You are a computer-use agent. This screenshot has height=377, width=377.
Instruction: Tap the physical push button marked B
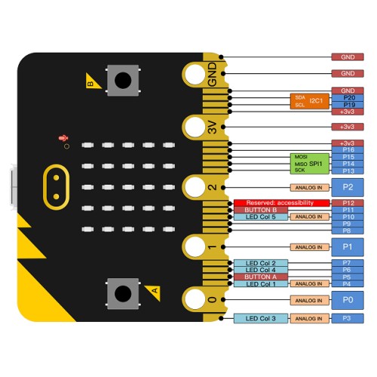(x=125, y=79)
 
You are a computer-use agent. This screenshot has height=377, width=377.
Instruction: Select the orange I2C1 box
(x=310, y=101)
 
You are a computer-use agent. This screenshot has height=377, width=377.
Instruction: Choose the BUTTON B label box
(x=260, y=210)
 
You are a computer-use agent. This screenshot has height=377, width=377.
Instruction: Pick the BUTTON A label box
(x=260, y=277)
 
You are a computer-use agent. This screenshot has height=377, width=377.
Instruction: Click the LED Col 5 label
(x=260, y=217)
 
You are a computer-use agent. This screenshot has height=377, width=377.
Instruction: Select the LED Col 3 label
(x=260, y=318)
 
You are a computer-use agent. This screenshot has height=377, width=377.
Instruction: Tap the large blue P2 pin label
(x=348, y=186)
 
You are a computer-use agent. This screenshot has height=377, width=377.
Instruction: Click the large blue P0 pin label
(x=348, y=299)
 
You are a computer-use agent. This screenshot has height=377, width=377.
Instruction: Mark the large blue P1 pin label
(x=348, y=247)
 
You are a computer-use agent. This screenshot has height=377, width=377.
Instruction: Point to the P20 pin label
(x=348, y=98)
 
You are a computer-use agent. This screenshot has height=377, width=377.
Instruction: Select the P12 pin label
(x=348, y=203)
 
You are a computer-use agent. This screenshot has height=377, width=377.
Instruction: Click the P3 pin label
(x=348, y=318)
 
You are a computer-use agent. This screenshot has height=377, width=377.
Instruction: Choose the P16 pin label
(x=348, y=150)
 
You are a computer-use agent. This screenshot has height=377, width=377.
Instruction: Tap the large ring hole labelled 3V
(x=195, y=128)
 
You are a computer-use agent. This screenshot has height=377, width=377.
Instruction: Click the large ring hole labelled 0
(x=195, y=299)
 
